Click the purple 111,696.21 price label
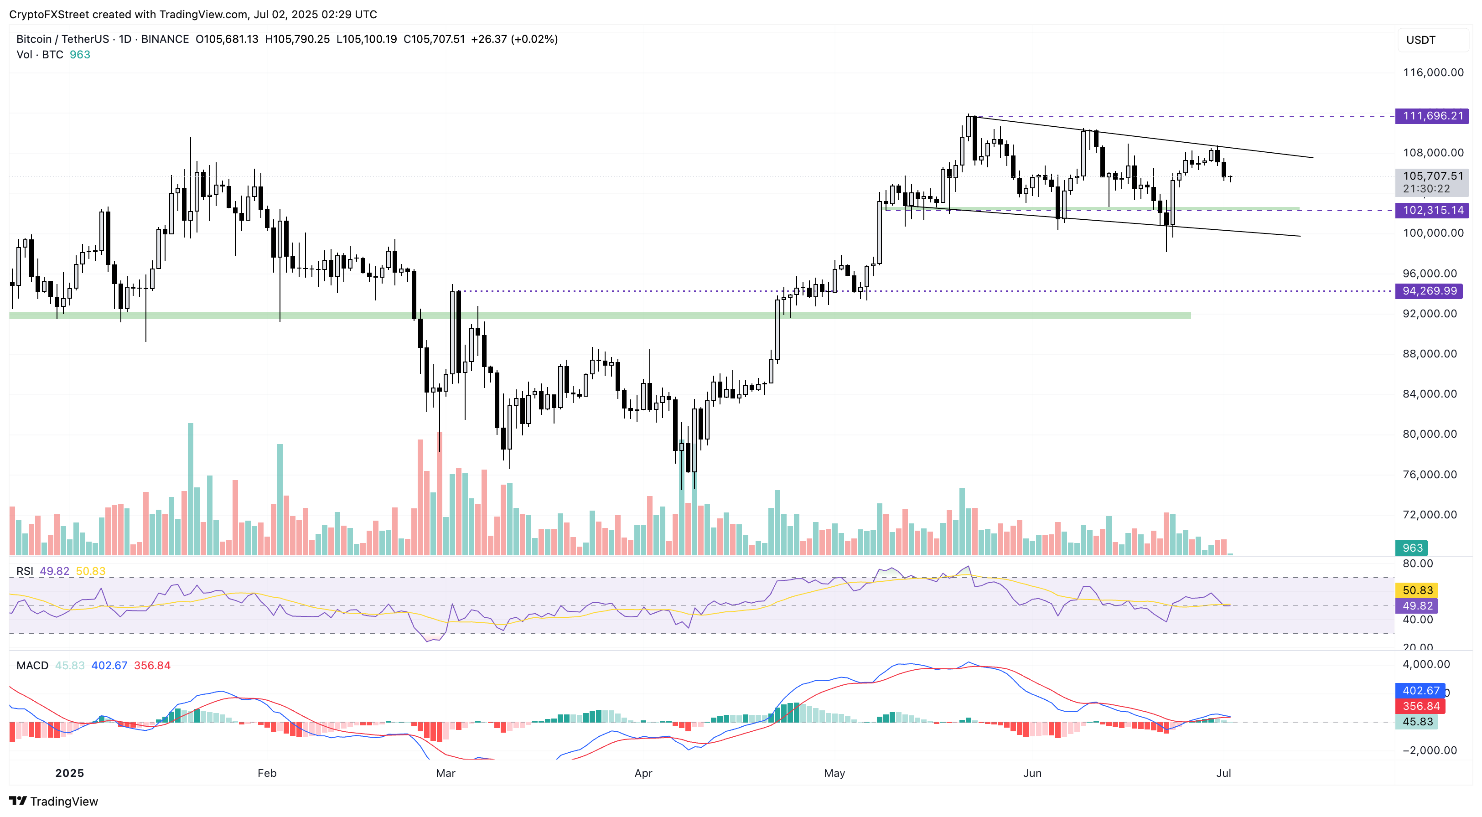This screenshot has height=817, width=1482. [1432, 116]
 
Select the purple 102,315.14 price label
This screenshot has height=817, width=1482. [1432, 211]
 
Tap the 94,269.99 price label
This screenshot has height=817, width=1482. [1429, 291]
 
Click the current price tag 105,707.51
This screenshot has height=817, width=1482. [1432, 176]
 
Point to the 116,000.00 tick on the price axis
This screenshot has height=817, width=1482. [1432, 72]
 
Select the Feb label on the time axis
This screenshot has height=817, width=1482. [267, 773]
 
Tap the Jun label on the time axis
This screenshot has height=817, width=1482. [1032, 773]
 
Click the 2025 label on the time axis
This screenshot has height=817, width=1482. [70, 773]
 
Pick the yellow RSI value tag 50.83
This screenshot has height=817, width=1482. [1417, 590]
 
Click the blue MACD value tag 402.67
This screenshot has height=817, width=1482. [1420, 690]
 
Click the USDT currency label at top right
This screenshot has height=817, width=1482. [1420, 40]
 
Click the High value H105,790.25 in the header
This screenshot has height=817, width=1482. [297, 39]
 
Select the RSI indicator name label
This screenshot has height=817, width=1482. [25, 571]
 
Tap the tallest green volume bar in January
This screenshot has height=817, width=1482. [191, 489]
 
